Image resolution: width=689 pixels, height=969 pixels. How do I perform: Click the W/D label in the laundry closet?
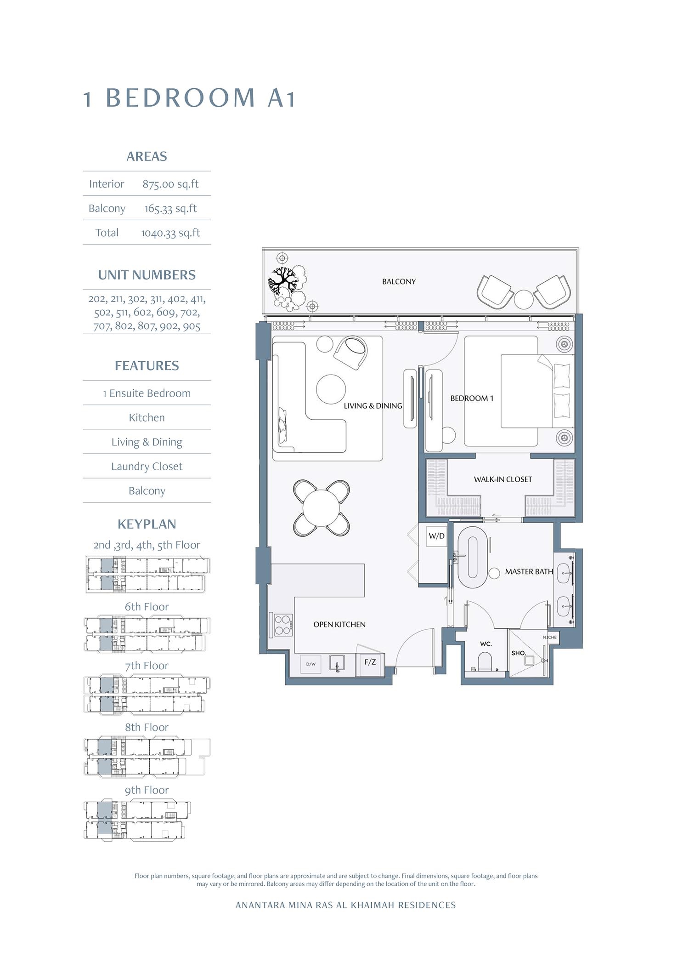coord(436,536)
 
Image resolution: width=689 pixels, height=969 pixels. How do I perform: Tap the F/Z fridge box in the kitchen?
coord(370,662)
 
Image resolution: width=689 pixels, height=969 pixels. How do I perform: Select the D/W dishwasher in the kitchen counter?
coord(311,664)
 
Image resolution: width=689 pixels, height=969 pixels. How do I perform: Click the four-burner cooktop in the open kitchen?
coord(283,625)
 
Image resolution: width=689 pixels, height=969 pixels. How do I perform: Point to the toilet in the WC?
coord(485,662)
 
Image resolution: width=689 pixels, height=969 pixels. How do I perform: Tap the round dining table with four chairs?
coord(322,508)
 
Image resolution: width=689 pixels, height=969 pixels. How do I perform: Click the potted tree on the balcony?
coord(286,281)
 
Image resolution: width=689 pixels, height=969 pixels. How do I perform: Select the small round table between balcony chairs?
coord(523,299)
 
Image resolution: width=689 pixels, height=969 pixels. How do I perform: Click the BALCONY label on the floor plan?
coord(399,281)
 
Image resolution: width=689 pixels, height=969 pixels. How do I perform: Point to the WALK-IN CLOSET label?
coord(503,479)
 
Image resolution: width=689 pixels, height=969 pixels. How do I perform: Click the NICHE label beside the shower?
coord(549,637)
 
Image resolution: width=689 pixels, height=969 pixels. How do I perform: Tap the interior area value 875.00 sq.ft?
coord(170,184)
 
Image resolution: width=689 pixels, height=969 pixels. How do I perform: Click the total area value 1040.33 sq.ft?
coord(170,233)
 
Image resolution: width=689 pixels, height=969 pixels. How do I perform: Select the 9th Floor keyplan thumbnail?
coord(137,821)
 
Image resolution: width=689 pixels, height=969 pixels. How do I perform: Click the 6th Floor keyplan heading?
coord(147,607)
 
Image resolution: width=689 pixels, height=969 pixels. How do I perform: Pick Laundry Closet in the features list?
coord(147,466)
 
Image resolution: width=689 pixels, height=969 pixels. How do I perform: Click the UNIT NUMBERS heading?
coord(147,275)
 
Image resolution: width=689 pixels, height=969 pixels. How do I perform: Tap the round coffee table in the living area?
coord(331,389)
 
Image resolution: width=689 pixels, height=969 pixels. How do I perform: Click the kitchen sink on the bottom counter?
coord(337,664)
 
